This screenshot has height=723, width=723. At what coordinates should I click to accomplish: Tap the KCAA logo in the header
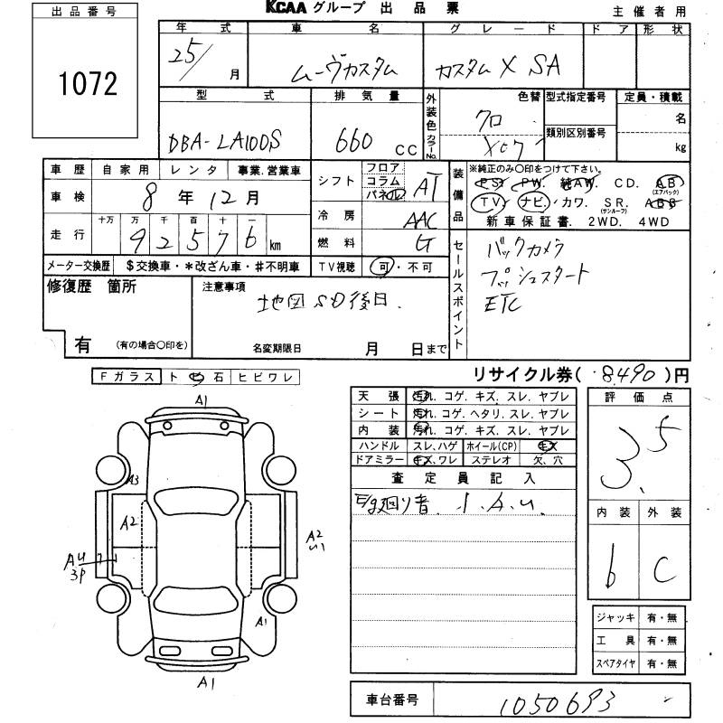(x=288, y=8)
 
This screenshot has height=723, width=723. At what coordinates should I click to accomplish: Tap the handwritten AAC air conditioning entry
(x=418, y=220)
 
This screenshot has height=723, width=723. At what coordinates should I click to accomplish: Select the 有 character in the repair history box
(x=82, y=344)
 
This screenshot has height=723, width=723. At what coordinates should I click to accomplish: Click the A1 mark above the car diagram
(x=201, y=399)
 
